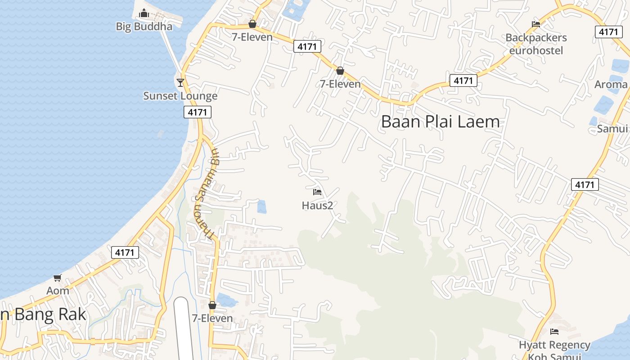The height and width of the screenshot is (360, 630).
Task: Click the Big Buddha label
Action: [x=144, y=27]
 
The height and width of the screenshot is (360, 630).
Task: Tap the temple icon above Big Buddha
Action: [x=144, y=13]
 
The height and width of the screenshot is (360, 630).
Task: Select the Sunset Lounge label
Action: [x=180, y=96]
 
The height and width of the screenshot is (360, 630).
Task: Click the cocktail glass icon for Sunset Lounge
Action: [x=180, y=82]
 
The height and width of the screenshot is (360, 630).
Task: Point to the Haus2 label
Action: [x=317, y=206]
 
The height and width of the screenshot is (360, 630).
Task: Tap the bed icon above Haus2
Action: [x=317, y=193]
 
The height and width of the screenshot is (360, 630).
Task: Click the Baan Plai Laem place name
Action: [x=440, y=122]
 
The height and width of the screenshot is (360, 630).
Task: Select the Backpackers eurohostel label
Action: [x=536, y=44]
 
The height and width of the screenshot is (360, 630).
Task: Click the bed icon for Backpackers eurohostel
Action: [x=536, y=24]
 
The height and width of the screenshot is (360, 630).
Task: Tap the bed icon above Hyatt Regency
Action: [x=554, y=332]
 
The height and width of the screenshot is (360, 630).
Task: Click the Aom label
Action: [x=58, y=291]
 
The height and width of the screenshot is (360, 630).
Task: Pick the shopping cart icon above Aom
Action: [x=57, y=278]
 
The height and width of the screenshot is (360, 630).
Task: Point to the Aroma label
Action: [x=611, y=85]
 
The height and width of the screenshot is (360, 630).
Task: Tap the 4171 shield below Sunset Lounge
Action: [x=198, y=112]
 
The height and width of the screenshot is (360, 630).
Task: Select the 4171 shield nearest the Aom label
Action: [x=125, y=252]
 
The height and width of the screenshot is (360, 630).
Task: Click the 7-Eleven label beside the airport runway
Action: [x=212, y=319]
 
